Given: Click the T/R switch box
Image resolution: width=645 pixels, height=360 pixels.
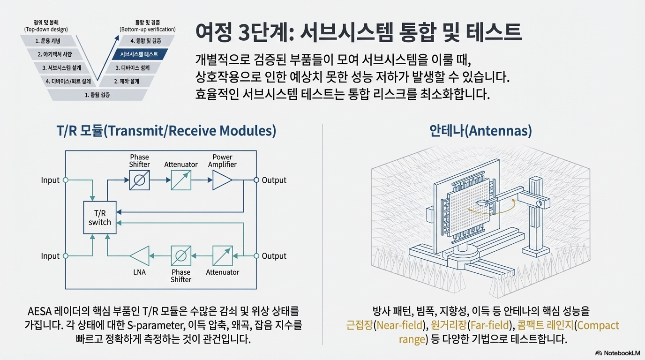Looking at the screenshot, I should point(100,217).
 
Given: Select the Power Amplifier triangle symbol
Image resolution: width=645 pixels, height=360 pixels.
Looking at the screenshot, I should point(222,180).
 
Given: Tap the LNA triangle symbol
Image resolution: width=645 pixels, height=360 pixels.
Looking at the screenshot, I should point(140,256).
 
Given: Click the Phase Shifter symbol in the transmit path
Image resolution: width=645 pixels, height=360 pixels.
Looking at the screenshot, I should point(140,180).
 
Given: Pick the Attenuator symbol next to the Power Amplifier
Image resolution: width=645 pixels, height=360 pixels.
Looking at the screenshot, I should point(181,180).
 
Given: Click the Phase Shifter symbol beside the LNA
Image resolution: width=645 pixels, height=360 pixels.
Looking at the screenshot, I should point(181,256).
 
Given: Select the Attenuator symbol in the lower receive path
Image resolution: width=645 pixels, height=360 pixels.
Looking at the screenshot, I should point(222,256).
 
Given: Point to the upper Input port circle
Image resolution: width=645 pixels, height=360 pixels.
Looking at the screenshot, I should point(66,180).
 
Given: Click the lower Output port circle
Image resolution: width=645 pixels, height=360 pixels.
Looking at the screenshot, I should point(256,256).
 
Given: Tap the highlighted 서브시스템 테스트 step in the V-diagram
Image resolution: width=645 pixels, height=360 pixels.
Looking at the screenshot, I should point(139,54).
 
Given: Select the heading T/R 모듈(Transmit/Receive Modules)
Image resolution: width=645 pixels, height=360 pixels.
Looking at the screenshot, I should point(166,131).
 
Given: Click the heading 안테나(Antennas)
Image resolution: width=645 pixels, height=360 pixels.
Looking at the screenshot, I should point(480,131).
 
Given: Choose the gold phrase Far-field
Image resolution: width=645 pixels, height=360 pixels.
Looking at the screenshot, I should point(491,325).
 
